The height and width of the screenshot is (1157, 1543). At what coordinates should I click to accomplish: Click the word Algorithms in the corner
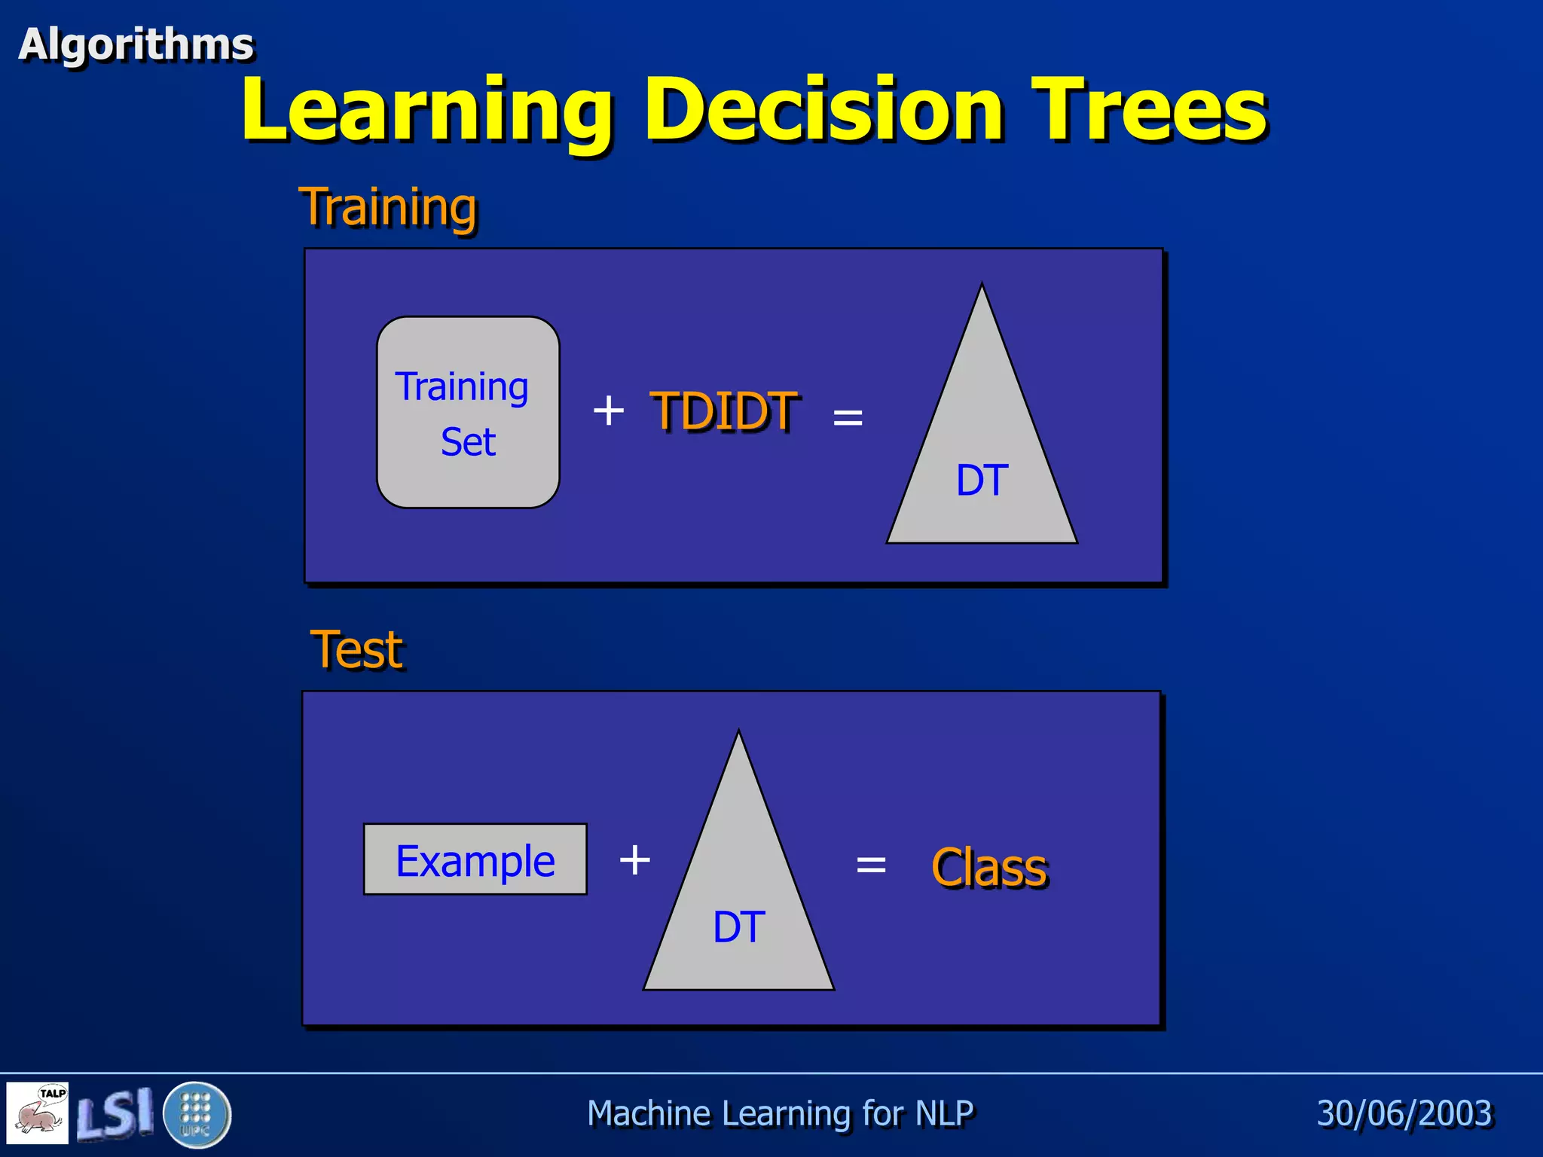[x=136, y=44]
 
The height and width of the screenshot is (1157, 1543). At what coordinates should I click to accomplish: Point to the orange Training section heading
[x=388, y=207]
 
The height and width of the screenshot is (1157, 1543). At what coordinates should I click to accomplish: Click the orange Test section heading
[x=357, y=649]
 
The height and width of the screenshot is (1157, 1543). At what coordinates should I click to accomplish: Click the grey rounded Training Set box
[x=467, y=413]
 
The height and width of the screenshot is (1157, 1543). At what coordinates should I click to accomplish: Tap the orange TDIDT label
[x=723, y=411]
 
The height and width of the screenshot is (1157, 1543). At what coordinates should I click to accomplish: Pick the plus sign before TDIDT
[x=608, y=411]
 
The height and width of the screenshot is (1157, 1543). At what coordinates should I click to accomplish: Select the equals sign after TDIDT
[x=848, y=417]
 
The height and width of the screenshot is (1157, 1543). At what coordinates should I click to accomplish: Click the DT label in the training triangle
[x=982, y=480]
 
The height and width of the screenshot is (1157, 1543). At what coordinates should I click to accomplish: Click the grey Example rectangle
[x=475, y=859]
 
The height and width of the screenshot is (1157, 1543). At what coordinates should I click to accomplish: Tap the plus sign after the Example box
[x=634, y=859]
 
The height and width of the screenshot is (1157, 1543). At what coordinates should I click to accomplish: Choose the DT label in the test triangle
[x=738, y=927]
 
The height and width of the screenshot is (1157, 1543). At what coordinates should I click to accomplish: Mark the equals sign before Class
[x=871, y=865]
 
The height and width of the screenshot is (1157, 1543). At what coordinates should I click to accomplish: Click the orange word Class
[x=989, y=868]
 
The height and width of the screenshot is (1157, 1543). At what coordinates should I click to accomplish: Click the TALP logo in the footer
[x=38, y=1113]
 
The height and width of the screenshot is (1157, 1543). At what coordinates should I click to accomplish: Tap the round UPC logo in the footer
[x=196, y=1114]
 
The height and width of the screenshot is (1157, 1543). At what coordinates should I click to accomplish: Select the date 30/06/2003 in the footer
[x=1404, y=1113]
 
